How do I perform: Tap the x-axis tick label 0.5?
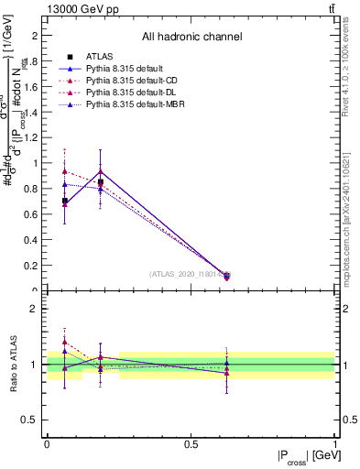191,443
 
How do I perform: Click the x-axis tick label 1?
335,443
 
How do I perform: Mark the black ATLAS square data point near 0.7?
64,201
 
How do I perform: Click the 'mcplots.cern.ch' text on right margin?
352,238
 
